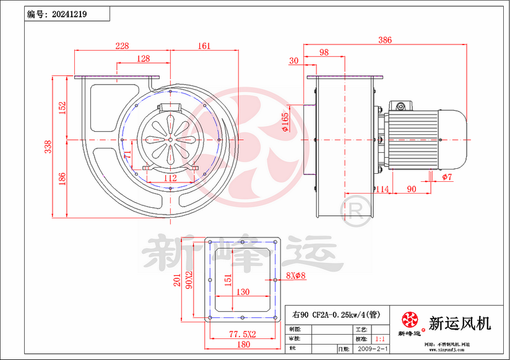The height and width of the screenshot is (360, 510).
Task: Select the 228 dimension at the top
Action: pyautogui.click(x=122, y=46)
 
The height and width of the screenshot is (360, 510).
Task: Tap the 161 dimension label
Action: pyautogui.click(x=204, y=46)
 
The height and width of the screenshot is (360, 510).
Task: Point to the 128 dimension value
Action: pyautogui.click(x=143, y=59)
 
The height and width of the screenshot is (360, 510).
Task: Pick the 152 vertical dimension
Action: pyautogui.click(x=62, y=108)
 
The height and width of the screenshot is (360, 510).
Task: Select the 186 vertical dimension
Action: pyautogui.click(x=62, y=179)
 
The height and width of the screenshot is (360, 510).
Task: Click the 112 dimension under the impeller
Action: pyautogui.click(x=170, y=178)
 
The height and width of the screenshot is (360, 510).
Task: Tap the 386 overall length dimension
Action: pyautogui.click(x=385, y=40)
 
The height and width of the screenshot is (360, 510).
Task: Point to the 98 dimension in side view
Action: pyautogui.click(x=324, y=53)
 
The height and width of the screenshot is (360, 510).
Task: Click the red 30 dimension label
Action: pyautogui.click(x=294, y=61)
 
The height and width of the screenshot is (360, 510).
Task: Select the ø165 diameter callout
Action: pyautogui.click(x=285, y=122)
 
